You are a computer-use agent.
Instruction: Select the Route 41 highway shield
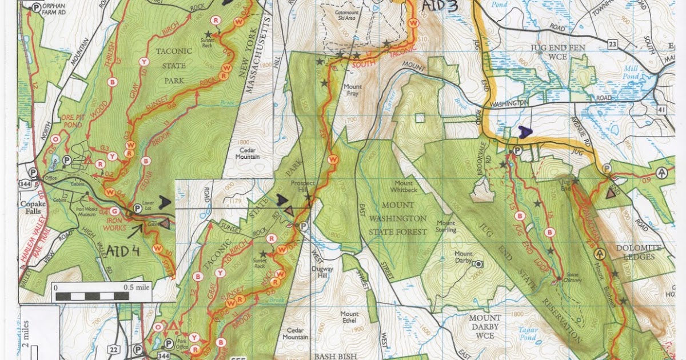point(678,108)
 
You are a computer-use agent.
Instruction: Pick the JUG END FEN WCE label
point(542,52)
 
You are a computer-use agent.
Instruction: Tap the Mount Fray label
point(352,90)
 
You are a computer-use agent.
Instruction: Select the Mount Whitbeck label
point(405,186)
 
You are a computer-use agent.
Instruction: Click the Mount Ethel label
point(349,317)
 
